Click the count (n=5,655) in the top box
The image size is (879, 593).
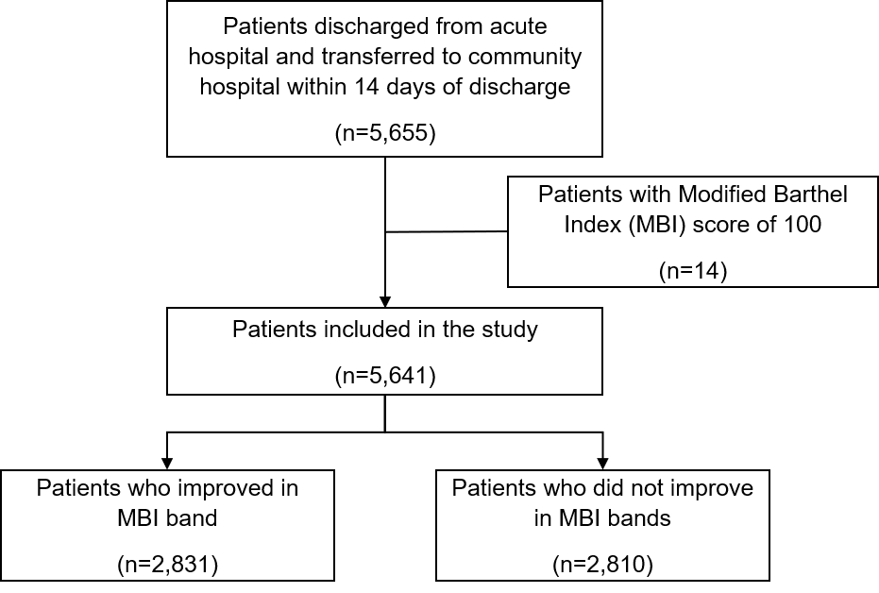coord(385,133)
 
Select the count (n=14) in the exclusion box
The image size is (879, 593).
coord(693,271)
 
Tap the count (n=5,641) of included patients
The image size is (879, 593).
coord(385,376)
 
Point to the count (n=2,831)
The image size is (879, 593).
coord(168,564)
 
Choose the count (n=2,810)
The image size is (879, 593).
coord(602,564)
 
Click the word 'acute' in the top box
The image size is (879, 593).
coord(518,26)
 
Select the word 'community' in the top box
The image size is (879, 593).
coord(525,58)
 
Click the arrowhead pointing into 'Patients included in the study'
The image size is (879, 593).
coord(385,301)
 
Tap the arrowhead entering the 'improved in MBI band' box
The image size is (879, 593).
coord(166,464)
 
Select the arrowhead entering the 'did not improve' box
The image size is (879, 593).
coord(602,464)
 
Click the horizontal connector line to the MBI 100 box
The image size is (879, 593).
coord(447,231)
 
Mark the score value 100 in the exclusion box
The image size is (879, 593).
coord(803,225)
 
